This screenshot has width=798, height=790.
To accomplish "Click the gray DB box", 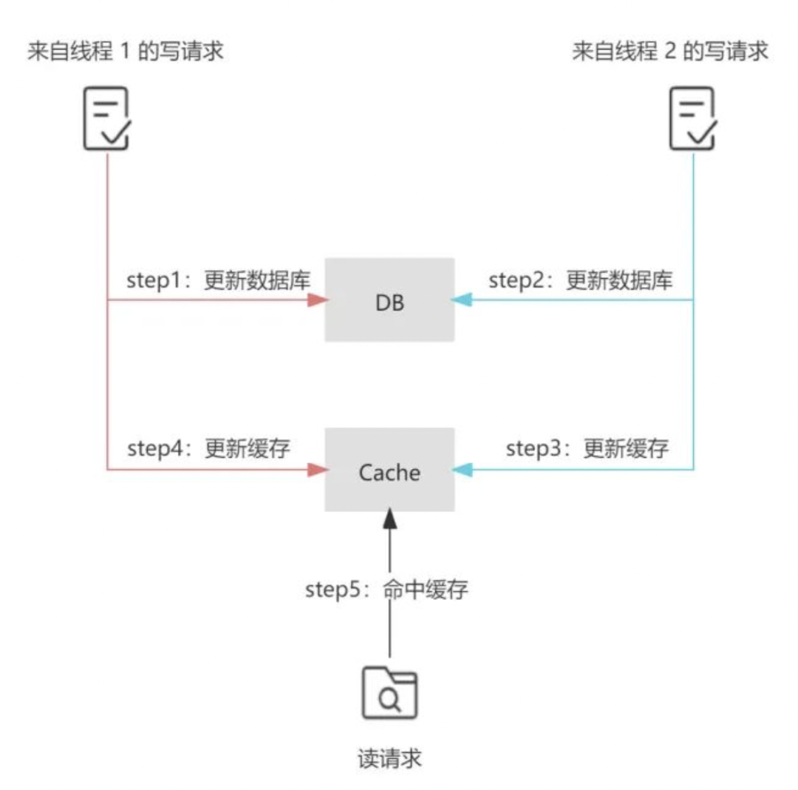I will [389, 300].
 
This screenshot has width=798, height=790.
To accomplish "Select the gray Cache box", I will [389, 470].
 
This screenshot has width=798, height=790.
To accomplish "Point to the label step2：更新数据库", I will [581, 282].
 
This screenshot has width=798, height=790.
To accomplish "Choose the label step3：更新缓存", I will [587, 448].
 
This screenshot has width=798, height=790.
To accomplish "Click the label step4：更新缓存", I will [208, 448].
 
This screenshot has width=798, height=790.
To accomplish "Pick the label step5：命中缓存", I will [386, 590].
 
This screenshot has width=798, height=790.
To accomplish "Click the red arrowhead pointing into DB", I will [317, 300].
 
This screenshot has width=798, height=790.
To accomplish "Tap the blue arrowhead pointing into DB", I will [463, 300].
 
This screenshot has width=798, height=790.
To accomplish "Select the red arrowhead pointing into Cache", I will [317, 470].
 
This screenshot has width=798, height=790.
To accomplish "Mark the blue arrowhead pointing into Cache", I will [463, 470].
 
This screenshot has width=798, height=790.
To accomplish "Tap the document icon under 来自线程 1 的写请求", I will [106, 118].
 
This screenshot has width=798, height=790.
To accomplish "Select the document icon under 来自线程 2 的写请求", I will [692, 118].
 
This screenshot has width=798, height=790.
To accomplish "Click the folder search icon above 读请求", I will [389, 692].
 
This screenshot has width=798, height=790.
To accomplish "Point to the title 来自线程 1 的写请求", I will [125, 52].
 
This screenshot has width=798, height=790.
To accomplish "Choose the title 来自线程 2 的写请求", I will [670, 52].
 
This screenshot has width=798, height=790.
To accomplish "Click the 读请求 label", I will [389, 759].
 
